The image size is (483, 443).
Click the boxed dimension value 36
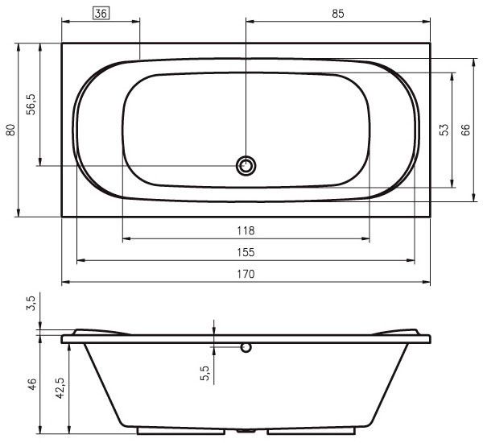101,14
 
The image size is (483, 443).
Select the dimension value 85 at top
338,14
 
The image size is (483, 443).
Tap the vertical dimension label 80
10,130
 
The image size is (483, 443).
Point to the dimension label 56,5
31,104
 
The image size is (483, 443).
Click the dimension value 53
444,130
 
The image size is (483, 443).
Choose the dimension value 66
465,130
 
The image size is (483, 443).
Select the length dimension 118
246,230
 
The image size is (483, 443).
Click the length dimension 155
246,252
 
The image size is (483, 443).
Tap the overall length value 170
246,274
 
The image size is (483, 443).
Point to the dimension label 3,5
31,303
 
